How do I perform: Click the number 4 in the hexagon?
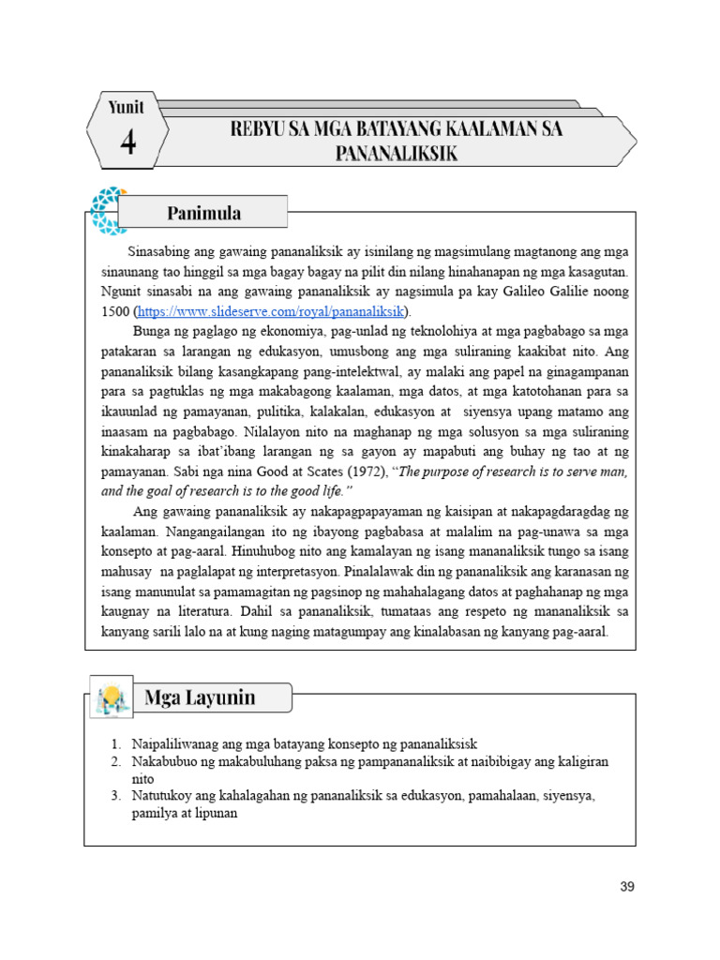127,142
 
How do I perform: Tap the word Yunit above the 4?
127,107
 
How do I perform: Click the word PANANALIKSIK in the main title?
397,154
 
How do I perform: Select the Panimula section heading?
203,213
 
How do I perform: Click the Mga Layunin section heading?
200,697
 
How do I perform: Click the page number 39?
627,887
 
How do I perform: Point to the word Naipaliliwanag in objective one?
175,743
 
